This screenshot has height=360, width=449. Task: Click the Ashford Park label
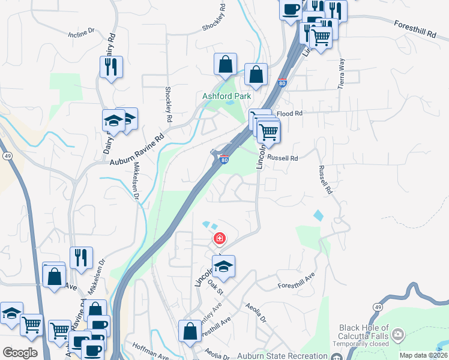tap(226, 96)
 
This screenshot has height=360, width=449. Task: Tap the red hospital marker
tap(220, 239)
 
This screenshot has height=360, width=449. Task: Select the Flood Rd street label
tap(288, 113)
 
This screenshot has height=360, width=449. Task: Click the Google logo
tap(20, 352)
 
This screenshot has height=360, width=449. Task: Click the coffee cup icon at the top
tap(291, 10)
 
